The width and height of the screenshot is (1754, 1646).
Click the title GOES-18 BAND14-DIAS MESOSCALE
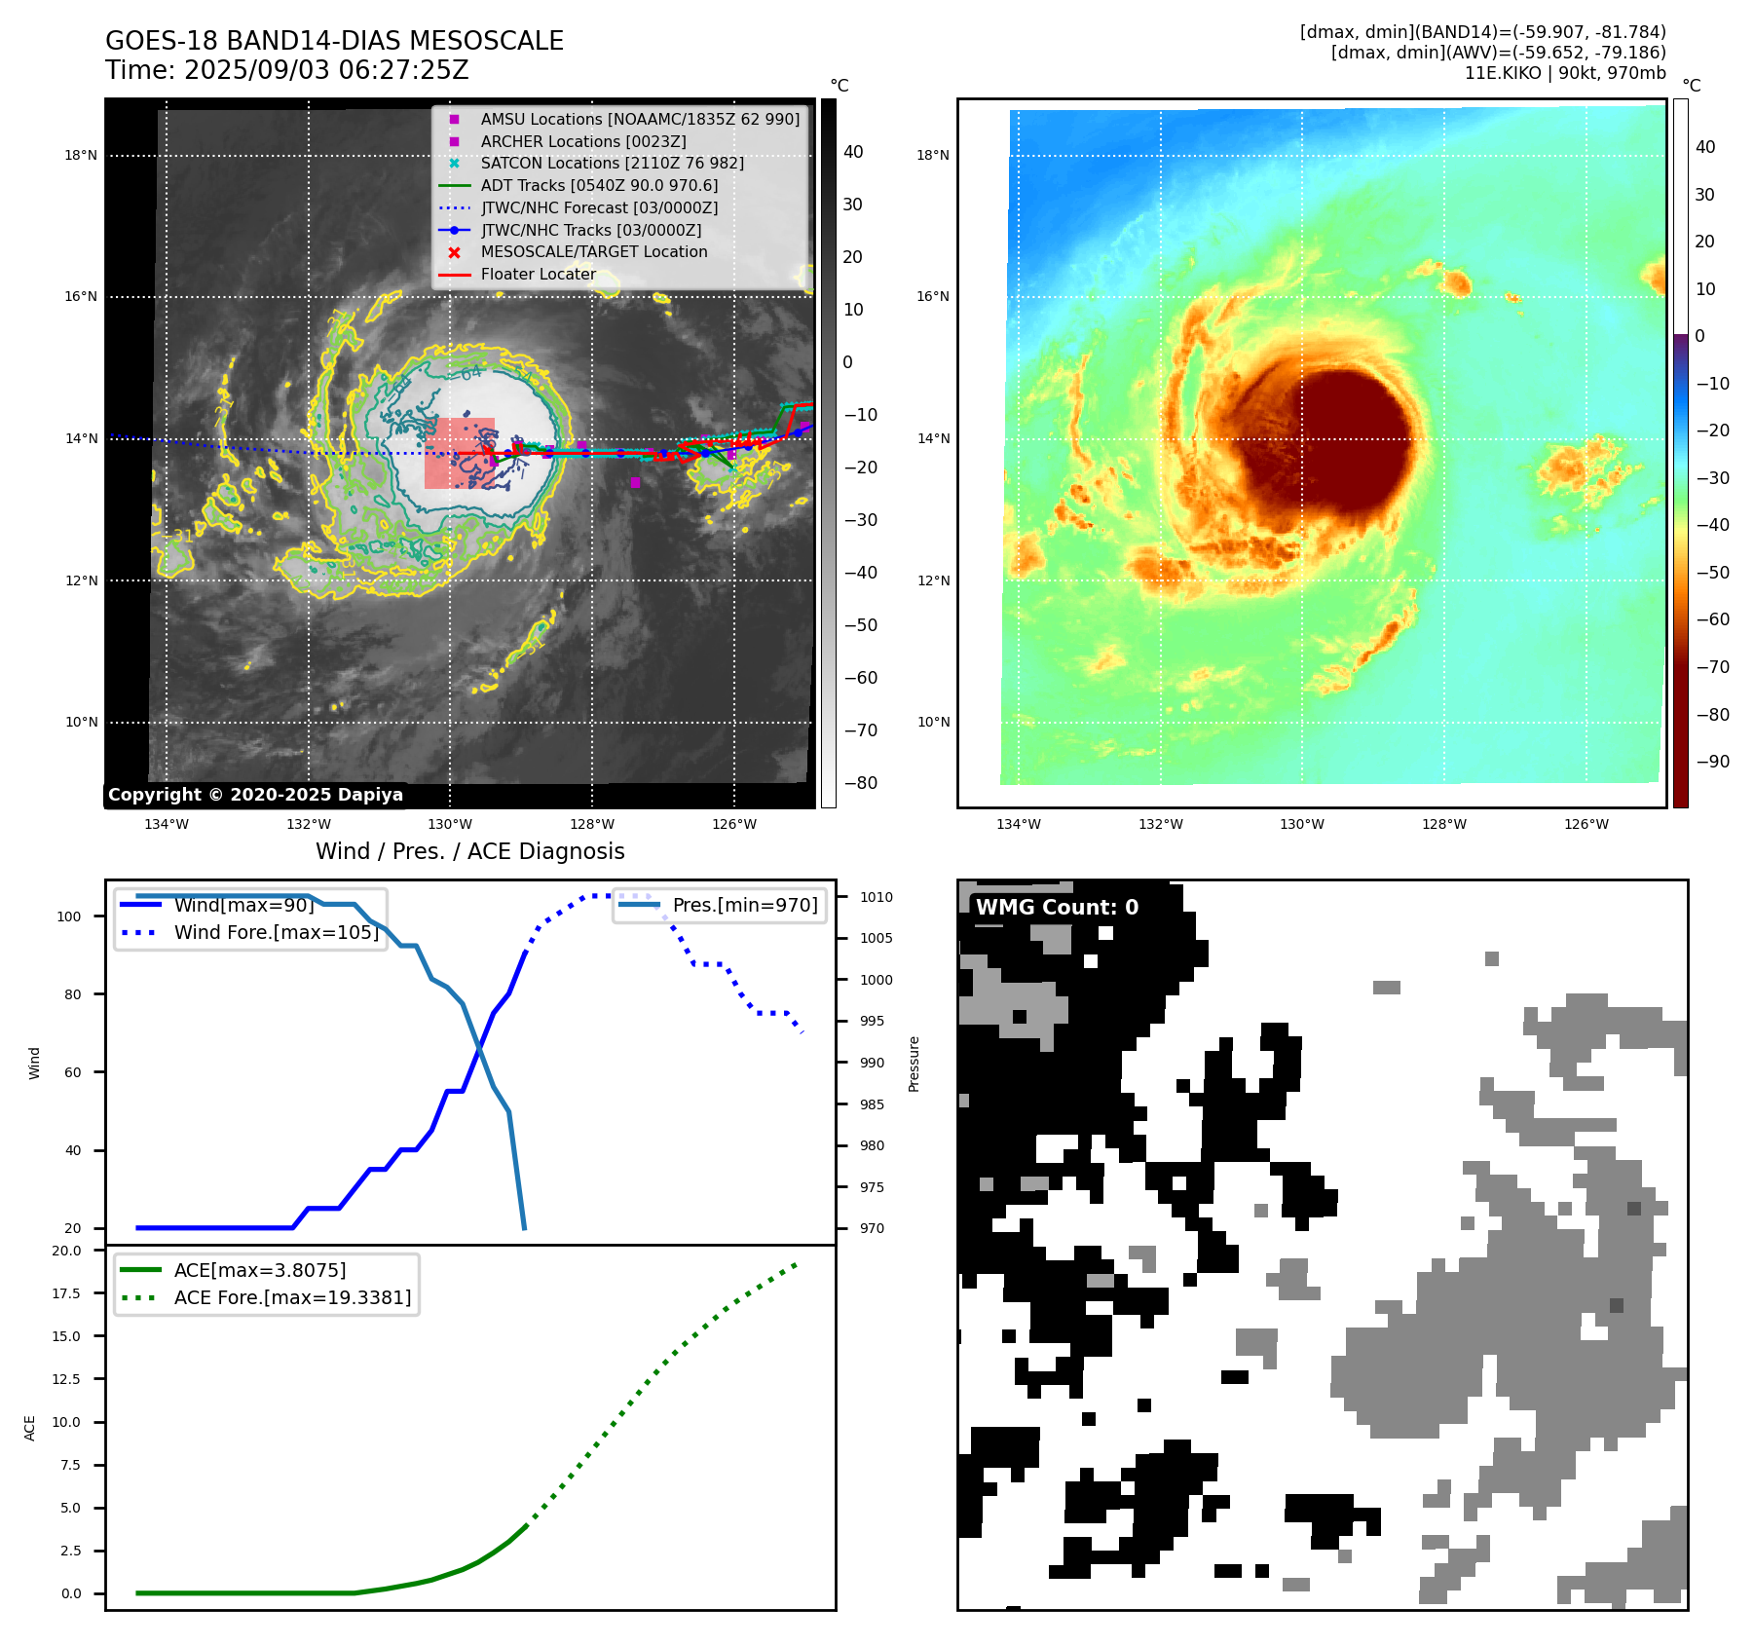(x=334, y=41)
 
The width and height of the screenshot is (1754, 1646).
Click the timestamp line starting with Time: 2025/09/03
(x=287, y=71)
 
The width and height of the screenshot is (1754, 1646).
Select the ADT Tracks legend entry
(x=599, y=185)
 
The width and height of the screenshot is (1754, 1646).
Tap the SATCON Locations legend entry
(x=612, y=163)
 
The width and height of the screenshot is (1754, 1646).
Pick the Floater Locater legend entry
(x=538, y=275)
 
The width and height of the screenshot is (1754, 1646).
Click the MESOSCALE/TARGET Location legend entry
(x=593, y=252)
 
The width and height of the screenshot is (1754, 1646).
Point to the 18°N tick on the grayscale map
(x=81, y=155)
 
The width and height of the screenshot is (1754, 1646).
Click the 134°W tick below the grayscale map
(x=167, y=825)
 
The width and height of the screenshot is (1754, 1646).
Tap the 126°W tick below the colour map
(x=1586, y=825)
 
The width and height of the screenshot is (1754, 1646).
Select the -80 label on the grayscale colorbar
(x=860, y=783)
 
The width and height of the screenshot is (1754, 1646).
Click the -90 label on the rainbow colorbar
(x=1712, y=762)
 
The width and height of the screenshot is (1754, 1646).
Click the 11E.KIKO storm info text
(x=1565, y=73)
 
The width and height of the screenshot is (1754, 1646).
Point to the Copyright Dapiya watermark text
(x=255, y=795)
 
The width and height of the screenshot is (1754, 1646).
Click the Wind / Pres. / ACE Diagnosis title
(x=470, y=851)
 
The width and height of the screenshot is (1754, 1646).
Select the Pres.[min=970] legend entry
(x=745, y=905)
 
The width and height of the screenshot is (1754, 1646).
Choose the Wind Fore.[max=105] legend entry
(x=276, y=932)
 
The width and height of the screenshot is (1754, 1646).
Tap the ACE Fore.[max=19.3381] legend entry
(x=292, y=1297)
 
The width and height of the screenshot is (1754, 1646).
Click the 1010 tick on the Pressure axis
(x=876, y=897)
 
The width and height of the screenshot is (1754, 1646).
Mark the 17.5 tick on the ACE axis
(x=67, y=1293)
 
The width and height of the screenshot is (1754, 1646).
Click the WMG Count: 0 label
(x=1057, y=908)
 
